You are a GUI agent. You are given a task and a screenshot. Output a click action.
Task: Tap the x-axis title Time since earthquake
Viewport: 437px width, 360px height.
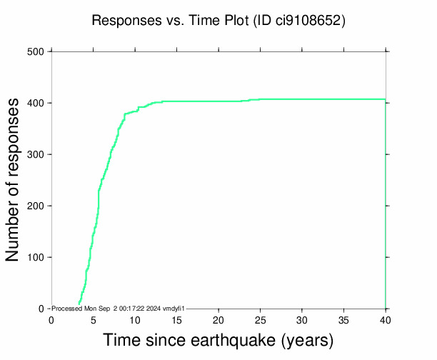[x=218, y=340]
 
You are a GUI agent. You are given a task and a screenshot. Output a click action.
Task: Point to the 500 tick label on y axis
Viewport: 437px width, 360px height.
[x=36, y=51]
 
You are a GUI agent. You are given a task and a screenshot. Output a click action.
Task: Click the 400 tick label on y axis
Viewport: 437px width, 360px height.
[x=36, y=103]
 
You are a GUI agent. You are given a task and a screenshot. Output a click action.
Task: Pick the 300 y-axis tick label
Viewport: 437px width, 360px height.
[x=36, y=154]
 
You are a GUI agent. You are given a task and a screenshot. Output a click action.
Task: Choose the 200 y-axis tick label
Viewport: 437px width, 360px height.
[x=36, y=206]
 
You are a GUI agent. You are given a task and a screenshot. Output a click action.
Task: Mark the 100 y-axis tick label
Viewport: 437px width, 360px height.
[x=36, y=257]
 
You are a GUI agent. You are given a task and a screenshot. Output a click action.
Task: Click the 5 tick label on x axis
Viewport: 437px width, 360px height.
[x=93, y=319]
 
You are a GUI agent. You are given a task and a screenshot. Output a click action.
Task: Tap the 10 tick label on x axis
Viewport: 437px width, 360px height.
[x=134, y=319]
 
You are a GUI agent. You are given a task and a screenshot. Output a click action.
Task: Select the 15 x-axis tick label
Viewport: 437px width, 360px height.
[x=176, y=319]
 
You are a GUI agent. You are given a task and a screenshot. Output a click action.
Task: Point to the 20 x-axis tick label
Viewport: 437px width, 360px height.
[x=218, y=319]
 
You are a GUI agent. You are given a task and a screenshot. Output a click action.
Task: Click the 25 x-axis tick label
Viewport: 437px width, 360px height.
[x=260, y=319]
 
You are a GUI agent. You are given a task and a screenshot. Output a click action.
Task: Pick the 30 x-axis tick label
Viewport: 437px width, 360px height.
[x=301, y=319]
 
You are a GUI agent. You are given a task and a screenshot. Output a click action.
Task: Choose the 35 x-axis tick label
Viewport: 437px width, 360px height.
[x=343, y=319]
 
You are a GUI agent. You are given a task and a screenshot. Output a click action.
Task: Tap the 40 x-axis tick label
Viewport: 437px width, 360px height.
[x=386, y=319]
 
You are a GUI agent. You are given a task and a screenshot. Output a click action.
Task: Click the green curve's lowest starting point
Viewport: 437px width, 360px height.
[x=79, y=304]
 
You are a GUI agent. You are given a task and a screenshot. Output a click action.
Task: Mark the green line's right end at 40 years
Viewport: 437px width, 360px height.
[x=385, y=99]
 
